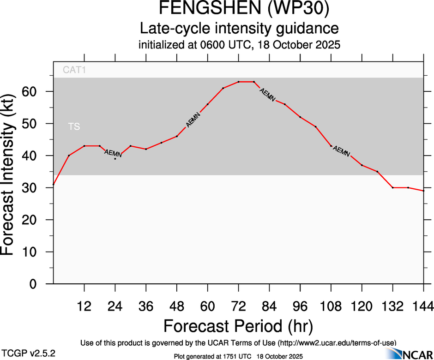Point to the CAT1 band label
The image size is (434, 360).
(x=74, y=71)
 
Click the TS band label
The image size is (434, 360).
(x=74, y=126)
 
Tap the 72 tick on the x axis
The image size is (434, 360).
(x=238, y=306)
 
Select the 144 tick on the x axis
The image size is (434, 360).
(x=423, y=306)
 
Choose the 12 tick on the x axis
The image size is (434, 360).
(x=84, y=306)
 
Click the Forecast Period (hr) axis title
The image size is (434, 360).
(x=238, y=326)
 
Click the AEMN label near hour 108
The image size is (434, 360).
(x=341, y=151)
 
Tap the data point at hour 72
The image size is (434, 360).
(x=238, y=82)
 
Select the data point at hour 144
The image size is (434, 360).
(x=423, y=191)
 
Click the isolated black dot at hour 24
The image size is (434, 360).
(x=115, y=159)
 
